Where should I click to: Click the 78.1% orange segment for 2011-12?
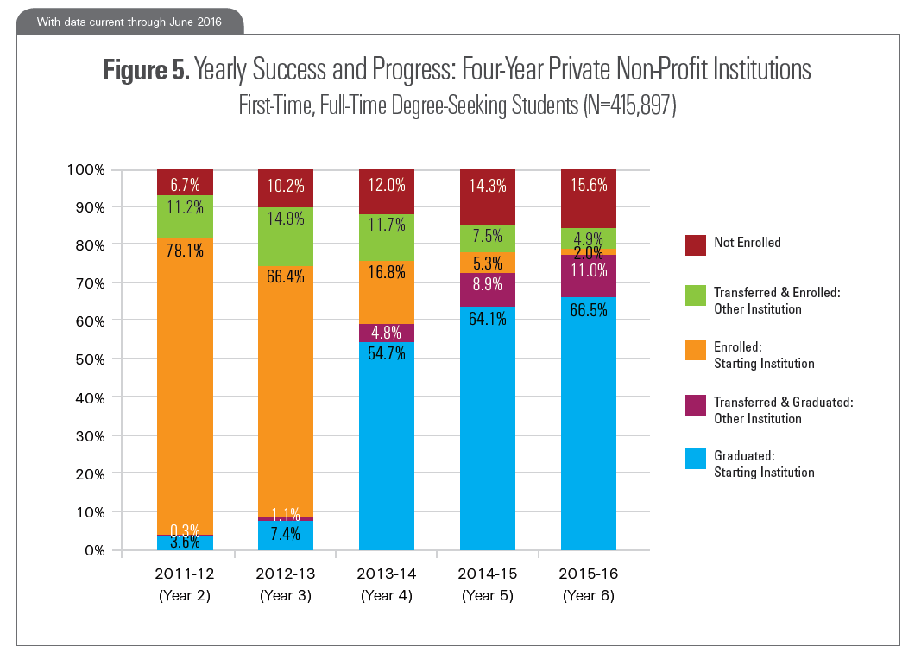(x=185, y=389)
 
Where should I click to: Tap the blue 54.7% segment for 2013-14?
(x=387, y=446)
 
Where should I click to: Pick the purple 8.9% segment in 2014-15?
(x=488, y=289)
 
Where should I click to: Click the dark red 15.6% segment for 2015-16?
(x=589, y=199)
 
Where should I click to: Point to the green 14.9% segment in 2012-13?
(x=286, y=236)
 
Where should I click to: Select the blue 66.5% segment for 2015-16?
(x=589, y=423)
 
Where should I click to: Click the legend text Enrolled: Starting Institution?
(x=763, y=355)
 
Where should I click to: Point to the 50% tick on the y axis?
(x=89, y=359)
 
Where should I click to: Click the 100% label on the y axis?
(x=85, y=169)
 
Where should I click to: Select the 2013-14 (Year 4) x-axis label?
(x=387, y=584)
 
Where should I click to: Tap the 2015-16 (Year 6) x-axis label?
(x=589, y=584)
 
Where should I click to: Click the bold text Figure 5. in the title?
(x=145, y=69)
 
